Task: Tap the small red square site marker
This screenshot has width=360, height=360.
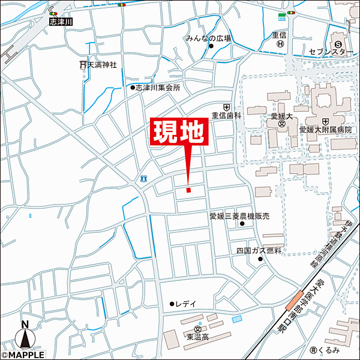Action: tap(188, 190)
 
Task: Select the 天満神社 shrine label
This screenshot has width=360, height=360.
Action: tap(101, 64)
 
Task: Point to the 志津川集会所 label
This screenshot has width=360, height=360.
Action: tap(157, 88)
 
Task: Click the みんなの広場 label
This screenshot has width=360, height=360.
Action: tap(208, 38)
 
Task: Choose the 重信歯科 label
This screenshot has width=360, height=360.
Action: tap(226, 115)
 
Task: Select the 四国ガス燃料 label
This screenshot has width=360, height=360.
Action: tap(259, 250)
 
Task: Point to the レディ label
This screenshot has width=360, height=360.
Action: tap(186, 304)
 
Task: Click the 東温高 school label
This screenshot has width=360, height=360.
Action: tap(197, 337)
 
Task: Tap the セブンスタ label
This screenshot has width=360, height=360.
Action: tap(328, 52)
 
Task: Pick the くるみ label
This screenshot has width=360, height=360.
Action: tap(329, 350)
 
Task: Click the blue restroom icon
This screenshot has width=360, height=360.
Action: tap(143, 178)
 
